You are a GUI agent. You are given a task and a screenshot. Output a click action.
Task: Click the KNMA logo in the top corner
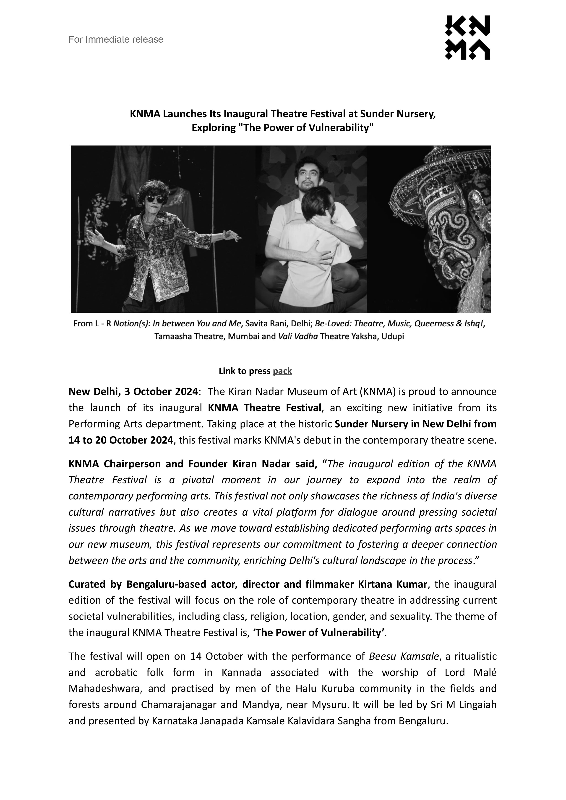point(467,38)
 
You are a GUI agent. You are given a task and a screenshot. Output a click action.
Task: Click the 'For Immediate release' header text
point(116,39)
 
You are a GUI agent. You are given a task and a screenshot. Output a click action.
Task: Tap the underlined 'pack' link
point(282,371)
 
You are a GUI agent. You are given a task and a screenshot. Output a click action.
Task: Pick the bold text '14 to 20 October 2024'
point(121,440)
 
